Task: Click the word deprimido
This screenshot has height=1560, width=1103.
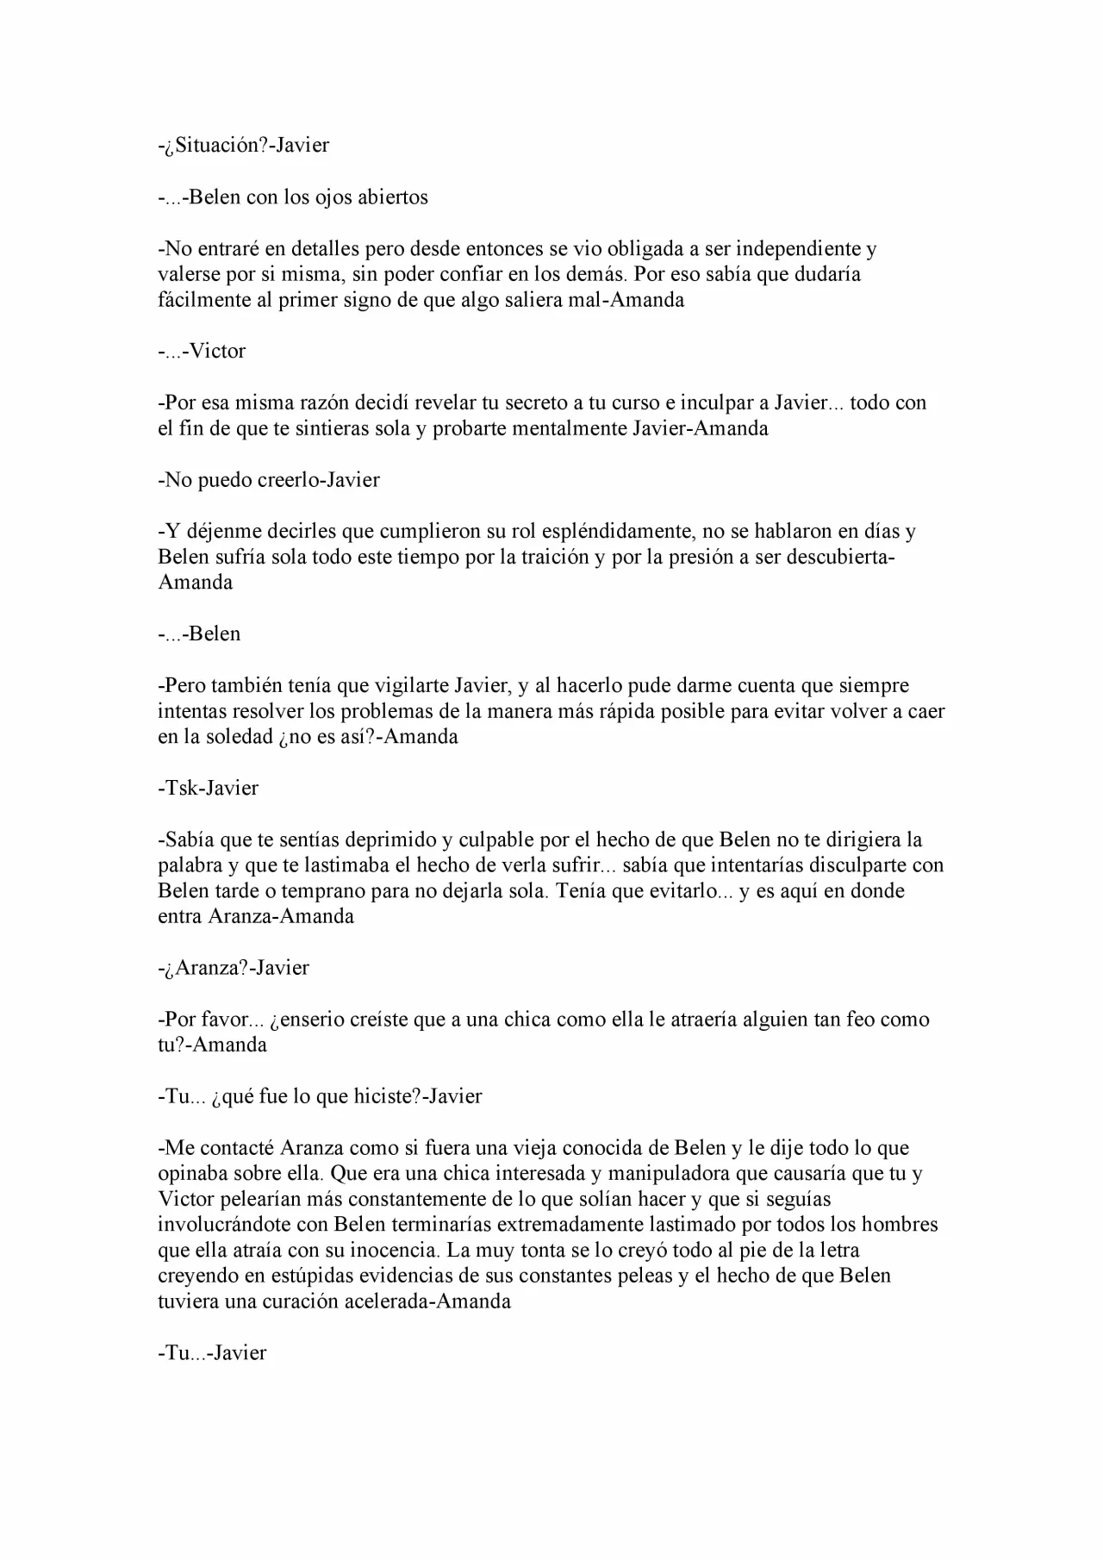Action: [x=391, y=839]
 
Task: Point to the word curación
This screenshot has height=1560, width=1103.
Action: [x=296, y=1301]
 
